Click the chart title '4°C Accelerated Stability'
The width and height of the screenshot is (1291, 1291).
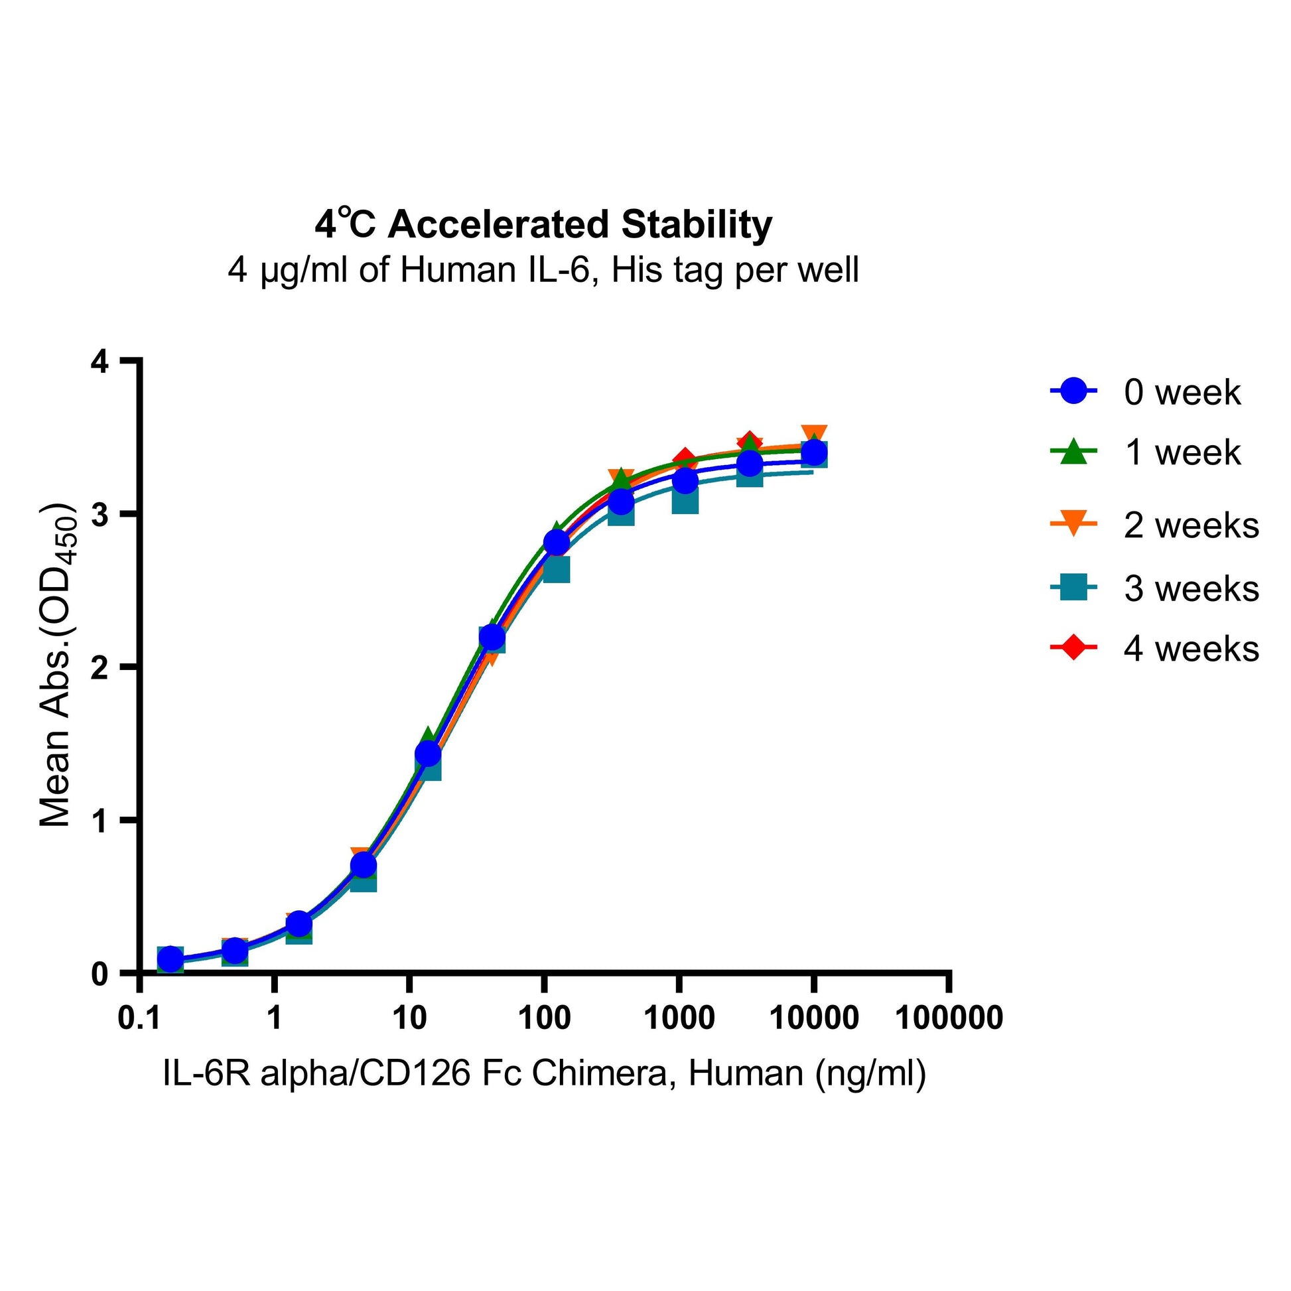543,224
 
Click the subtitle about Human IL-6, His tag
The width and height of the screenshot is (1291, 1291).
543,271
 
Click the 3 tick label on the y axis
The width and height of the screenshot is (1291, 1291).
100,515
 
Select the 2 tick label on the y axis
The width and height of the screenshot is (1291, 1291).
100,667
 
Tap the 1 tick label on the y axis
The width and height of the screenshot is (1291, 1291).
100,821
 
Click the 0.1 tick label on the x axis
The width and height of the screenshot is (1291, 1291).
139,1018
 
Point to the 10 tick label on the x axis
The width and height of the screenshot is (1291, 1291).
409,1018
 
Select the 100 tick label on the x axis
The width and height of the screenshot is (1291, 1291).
544,1018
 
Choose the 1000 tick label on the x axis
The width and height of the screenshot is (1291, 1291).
679,1018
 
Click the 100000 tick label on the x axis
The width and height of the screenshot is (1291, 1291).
949,1018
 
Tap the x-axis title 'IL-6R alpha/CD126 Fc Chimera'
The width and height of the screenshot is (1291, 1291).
544,1074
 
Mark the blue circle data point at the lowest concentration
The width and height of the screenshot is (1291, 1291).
170,959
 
